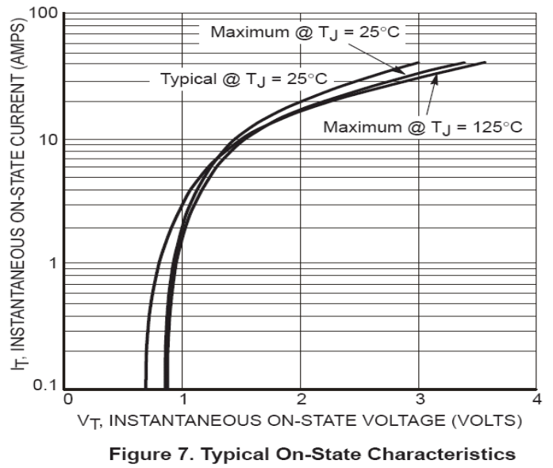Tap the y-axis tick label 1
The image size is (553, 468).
55,263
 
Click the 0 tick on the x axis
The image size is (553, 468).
68,399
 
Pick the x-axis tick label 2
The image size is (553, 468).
301,399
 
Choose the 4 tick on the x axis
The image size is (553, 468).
536,399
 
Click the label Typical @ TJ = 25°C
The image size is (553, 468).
244,79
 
